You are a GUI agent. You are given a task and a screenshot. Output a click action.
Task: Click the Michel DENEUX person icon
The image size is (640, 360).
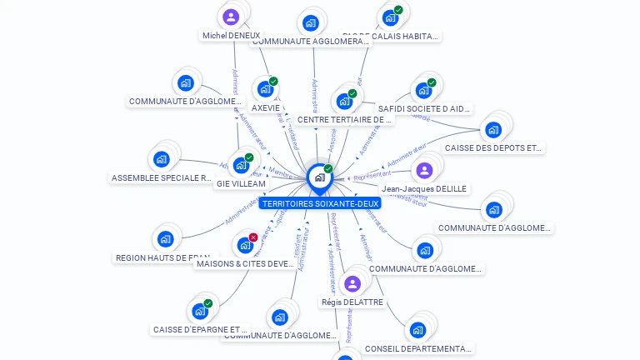click(231, 17)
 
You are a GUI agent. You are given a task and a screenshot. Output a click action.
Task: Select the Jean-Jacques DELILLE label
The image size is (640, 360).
click(424, 189)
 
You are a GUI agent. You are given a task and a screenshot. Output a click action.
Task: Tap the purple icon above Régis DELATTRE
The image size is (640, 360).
click(352, 283)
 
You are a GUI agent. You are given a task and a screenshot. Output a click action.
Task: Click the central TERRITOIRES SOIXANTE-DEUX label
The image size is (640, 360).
click(320, 203)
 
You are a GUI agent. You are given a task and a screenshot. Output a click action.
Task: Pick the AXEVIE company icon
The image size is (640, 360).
click(265, 89)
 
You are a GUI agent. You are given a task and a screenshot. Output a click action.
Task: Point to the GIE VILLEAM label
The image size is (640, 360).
click(241, 184)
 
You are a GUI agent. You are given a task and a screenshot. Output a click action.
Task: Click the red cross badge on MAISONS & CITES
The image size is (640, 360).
click(253, 237)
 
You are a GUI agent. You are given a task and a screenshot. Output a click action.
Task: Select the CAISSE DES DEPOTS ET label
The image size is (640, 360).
click(493, 148)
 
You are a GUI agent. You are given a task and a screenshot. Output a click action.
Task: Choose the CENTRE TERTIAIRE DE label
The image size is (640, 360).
click(344, 120)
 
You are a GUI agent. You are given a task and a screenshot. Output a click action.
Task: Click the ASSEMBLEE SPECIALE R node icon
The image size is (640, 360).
click(162, 159)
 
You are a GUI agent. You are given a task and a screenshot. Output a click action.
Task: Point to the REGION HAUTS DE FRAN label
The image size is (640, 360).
click(162, 258)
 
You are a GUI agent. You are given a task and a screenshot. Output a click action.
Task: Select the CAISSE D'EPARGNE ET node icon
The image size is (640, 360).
click(199, 312)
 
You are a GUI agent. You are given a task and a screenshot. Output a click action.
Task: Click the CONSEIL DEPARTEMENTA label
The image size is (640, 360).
click(418, 349)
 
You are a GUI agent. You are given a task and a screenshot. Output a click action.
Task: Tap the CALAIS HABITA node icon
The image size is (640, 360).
click(389, 17)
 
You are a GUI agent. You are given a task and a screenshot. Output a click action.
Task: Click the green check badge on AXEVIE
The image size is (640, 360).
click(273, 82)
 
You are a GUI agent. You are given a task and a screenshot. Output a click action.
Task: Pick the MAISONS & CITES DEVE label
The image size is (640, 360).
click(245, 264)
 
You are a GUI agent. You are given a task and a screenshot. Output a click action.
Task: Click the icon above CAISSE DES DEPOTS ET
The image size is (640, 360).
click(493, 129)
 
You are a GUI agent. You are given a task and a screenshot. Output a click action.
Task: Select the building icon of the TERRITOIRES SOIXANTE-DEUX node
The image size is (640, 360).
click(319, 177)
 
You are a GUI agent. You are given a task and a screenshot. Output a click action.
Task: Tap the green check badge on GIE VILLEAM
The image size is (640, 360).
click(249, 157)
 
